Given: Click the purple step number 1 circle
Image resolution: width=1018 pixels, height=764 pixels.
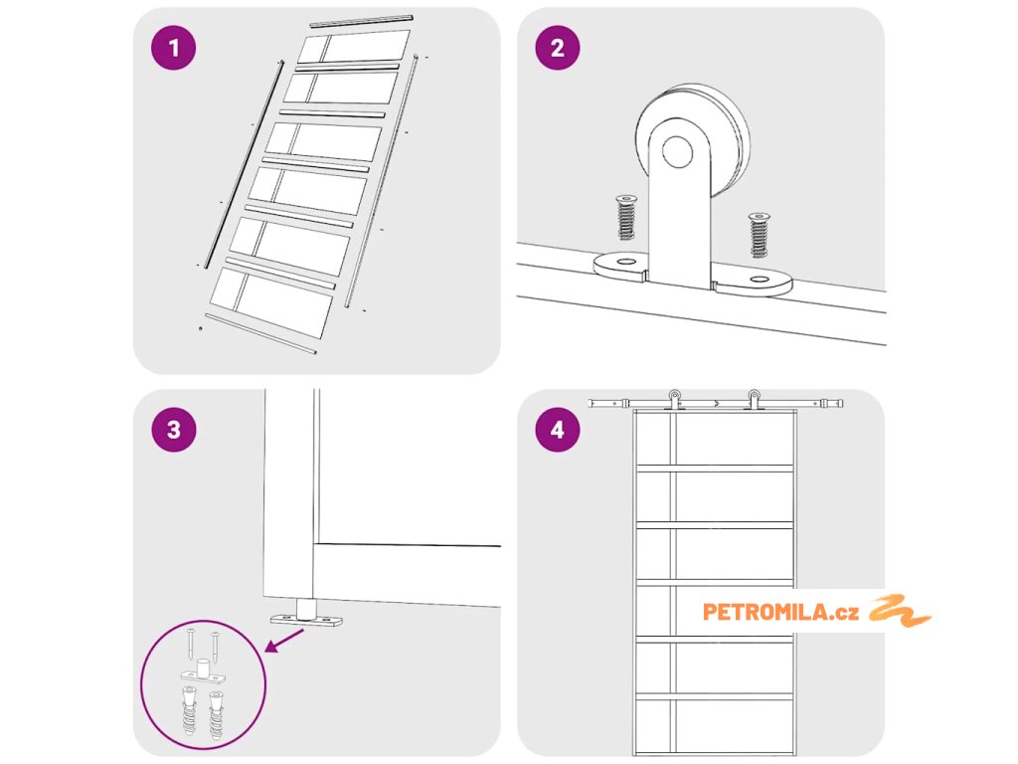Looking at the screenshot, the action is tap(174, 49).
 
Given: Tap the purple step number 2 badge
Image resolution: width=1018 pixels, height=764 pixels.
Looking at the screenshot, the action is tap(557, 49).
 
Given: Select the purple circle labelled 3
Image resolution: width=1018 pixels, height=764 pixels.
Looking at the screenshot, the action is tap(174, 430).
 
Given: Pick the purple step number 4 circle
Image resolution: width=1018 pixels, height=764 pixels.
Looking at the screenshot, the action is tap(557, 430).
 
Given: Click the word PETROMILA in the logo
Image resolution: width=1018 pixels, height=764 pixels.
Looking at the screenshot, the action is tap(762, 612).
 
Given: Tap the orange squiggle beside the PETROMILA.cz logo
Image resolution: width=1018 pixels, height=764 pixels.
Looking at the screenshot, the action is tap(900, 611).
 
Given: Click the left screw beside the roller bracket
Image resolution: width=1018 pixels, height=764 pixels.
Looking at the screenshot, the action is tap(626, 217).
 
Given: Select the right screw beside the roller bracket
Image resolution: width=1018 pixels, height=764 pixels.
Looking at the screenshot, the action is tap(761, 235).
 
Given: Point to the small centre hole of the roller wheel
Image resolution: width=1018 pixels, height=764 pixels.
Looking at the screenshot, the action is tap(679, 152).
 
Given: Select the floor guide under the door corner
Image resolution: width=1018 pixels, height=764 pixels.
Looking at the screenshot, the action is tap(307, 616).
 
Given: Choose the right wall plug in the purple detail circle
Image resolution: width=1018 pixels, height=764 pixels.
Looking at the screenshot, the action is tap(216, 712).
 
